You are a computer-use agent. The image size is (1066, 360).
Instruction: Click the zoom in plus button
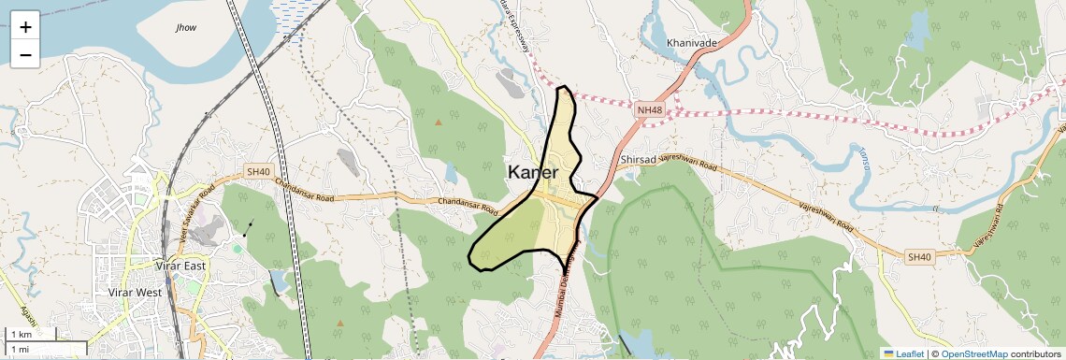[25, 27]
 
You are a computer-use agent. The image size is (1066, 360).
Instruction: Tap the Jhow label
[186, 28]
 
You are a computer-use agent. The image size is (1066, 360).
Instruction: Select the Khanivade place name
[692, 43]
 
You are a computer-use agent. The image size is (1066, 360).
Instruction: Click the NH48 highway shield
[649, 110]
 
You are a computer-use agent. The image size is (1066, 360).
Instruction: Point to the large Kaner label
[533, 173]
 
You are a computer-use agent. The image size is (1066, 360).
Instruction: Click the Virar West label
[136, 293]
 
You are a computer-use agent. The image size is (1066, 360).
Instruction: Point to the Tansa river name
[864, 166]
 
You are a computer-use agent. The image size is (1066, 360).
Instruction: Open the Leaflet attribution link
[903, 353]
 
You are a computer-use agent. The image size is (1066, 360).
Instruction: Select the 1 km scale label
[21, 334]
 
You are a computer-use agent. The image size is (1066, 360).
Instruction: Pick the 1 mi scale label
[20, 349]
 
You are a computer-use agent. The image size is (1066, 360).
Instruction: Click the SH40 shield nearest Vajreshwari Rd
[919, 257]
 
